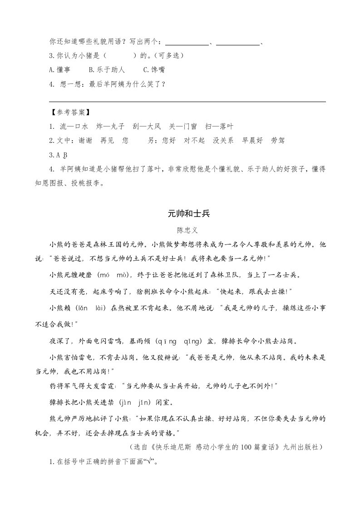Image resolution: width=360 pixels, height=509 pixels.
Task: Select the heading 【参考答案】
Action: (69, 113)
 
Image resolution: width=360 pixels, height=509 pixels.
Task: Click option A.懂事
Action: (59, 70)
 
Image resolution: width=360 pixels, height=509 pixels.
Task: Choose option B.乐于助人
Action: (106, 70)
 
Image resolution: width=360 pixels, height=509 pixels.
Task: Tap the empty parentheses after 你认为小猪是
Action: (120, 56)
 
